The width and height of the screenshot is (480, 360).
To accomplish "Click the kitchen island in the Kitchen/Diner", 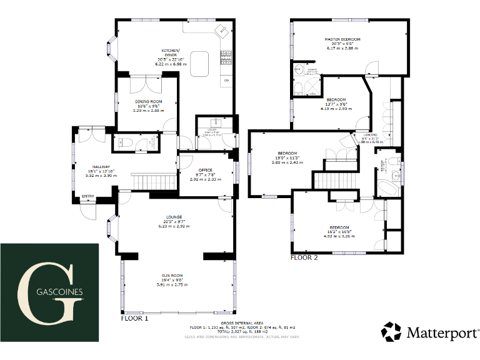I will click(x=201, y=62).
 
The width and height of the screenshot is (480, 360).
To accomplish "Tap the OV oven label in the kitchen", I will click(x=226, y=81).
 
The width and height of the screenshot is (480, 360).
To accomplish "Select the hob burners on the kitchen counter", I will click(x=226, y=57).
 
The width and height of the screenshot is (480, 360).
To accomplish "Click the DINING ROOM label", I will click(x=148, y=101).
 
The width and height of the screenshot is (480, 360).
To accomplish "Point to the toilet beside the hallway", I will click(x=123, y=143).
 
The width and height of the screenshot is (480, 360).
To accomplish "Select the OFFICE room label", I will click(x=206, y=170).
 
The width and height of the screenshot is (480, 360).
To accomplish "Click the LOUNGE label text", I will click(x=174, y=217).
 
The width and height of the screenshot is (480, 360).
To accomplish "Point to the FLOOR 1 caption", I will click(x=134, y=318).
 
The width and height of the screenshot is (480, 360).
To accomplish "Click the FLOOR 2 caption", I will click(x=304, y=257).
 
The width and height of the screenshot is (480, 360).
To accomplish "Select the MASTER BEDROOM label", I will click(x=343, y=39).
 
